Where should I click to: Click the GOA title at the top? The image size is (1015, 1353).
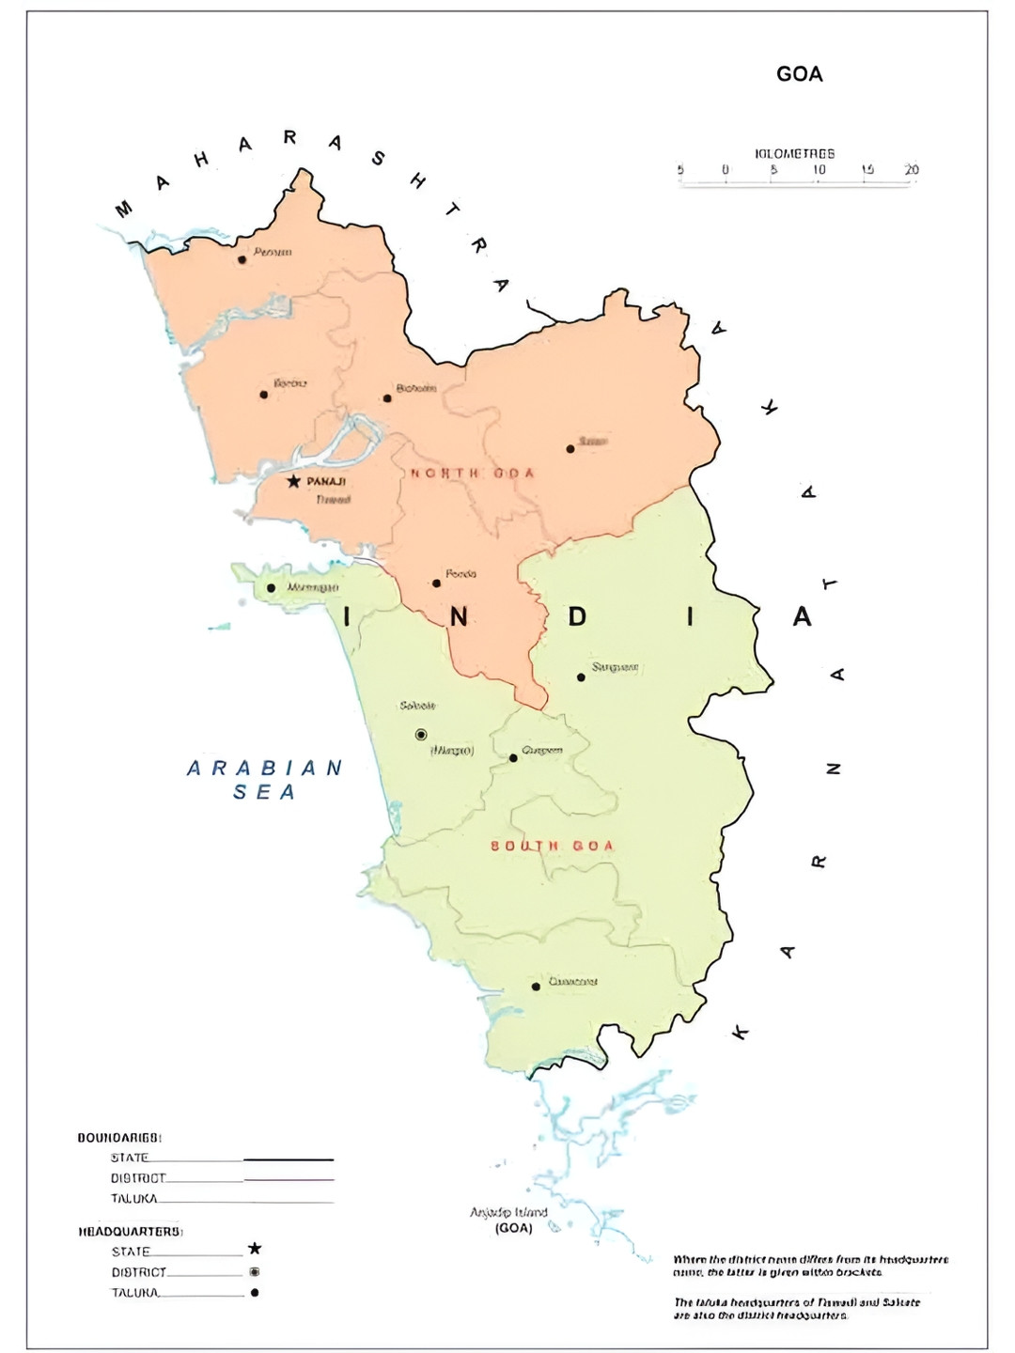click(x=799, y=74)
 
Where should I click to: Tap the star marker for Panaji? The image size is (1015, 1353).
click(x=293, y=481)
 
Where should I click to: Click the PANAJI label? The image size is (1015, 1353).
click(x=326, y=481)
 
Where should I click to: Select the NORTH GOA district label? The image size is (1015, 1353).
click(x=472, y=473)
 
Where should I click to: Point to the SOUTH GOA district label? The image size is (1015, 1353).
click(x=552, y=846)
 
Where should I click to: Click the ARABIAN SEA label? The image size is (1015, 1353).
click(x=265, y=780)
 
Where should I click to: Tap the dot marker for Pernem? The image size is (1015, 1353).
click(x=242, y=259)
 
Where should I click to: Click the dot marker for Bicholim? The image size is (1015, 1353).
click(x=387, y=398)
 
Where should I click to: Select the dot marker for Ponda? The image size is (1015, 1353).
click(x=436, y=583)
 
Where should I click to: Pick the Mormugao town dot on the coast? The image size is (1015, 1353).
click(x=271, y=588)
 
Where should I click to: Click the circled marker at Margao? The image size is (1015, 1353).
click(x=421, y=735)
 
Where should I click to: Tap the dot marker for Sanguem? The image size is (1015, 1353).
click(x=581, y=677)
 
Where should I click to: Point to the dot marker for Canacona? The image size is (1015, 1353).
click(x=536, y=987)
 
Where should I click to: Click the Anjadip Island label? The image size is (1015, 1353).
click(x=508, y=1213)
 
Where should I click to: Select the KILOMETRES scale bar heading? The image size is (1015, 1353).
click(x=794, y=153)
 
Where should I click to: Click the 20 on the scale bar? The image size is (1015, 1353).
click(x=911, y=170)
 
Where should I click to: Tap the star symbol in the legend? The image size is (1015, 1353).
click(x=254, y=1249)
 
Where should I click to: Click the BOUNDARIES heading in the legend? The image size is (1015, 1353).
click(x=119, y=1138)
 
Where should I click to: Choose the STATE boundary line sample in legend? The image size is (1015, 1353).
click(x=289, y=1159)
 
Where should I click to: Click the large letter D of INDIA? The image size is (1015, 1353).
click(x=577, y=616)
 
